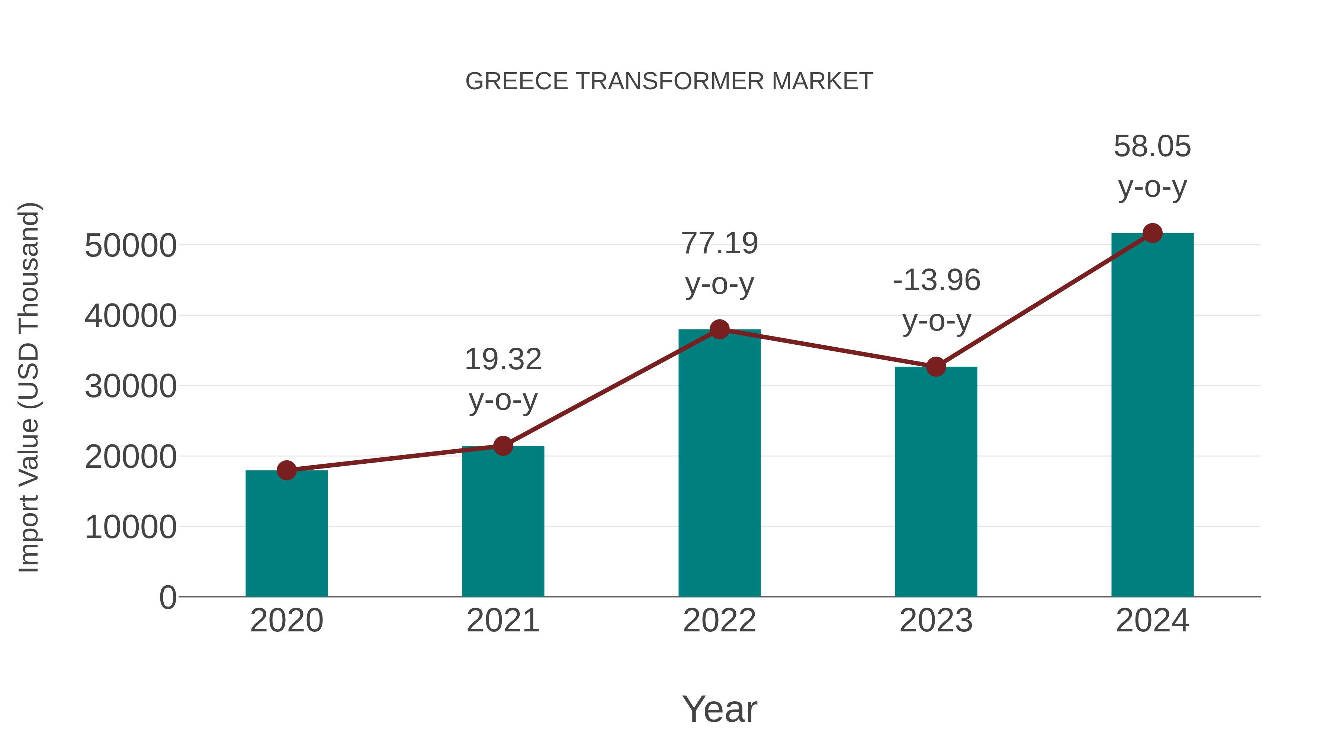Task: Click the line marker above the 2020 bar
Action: (286, 470)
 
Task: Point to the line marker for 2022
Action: (719, 329)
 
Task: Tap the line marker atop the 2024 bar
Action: (1152, 233)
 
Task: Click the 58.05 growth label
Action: (1152, 147)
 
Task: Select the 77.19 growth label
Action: (719, 244)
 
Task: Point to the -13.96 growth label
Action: (936, 281)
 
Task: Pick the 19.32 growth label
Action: (502, 360)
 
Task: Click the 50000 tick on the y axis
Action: (131, 245)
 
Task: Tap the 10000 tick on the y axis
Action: (131, 527)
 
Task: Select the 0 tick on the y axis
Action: (167, 598)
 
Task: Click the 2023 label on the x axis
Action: (936, 621)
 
